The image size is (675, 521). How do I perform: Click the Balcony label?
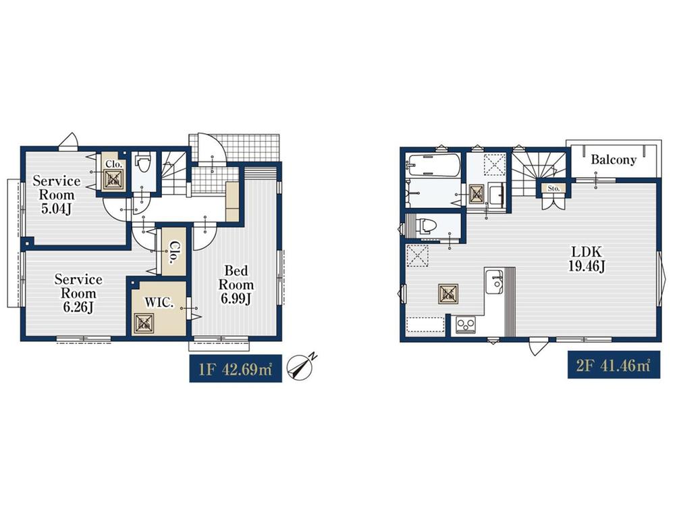[x=614, y=160]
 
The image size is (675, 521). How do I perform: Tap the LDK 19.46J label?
[x=587, y=259]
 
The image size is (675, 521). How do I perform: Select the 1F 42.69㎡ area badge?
[x=236, y=369]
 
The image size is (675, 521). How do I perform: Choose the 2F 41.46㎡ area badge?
[x=614, y=366]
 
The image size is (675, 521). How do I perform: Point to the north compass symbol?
[x=302, y=366]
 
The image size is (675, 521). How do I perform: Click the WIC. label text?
[x=159, y=303]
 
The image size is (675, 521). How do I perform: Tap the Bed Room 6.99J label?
[x=236, y=285]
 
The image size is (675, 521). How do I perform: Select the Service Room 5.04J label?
[x=57, y=195]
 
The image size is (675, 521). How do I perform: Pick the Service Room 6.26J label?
[x=78, y=293]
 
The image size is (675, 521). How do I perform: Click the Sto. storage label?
[x=553, y=189]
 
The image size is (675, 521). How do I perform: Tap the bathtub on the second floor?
[x=433, y=165]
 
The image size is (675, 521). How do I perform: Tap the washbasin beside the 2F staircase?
[x=497, y=195]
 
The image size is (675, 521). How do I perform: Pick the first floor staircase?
[x=174, y=172]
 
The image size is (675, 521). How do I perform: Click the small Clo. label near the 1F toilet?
[x=114, y=164]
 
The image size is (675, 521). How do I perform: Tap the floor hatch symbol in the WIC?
[x=143, y=324]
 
